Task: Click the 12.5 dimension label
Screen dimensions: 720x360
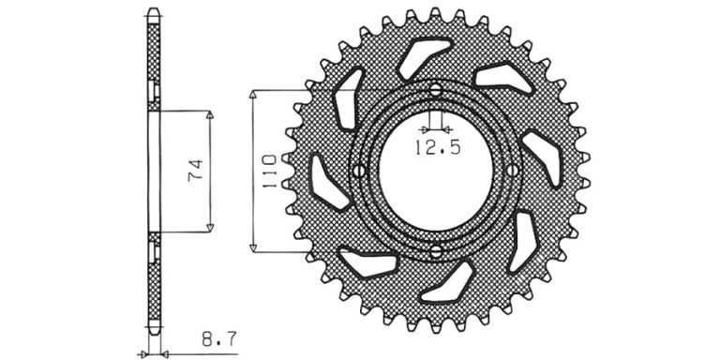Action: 438,148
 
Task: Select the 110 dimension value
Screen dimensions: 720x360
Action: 269,172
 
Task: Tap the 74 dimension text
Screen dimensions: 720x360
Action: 195,171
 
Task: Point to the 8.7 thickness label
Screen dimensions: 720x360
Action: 219,340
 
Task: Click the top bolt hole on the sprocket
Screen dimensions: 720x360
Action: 436,90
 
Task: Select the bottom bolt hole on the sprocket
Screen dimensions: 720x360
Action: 436,250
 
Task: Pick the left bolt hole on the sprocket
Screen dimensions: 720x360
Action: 359,171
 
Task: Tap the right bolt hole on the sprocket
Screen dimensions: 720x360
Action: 513,171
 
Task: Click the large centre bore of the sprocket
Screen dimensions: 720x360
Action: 436,171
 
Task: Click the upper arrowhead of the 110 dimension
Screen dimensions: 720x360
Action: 253,94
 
